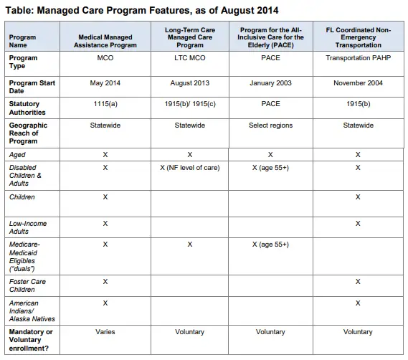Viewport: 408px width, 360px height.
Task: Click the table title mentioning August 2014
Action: [x=142, y=11]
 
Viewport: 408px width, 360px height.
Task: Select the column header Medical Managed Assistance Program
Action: [x=105, y=41]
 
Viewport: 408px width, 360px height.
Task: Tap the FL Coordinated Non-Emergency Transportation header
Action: [x=358, y=37]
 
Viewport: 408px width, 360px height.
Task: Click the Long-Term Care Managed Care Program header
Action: [x=190, y=37]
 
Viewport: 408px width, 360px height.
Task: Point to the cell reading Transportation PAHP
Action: [x=358, y=58]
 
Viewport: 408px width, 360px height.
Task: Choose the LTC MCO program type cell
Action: [x=190, y=58]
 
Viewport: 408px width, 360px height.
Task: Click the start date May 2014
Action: [x=105, y=83]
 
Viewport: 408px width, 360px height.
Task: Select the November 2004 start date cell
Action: [x=358, y=83]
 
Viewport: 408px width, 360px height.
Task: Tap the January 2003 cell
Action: [x=270, y=83]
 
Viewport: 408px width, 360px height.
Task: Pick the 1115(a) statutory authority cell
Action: [x=105, y=104]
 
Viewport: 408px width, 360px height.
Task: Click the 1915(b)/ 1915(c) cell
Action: [x=190, y=104]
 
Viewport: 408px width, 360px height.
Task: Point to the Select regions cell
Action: [x=270, y=125]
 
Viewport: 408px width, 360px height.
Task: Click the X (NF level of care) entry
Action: [x=190, y=168]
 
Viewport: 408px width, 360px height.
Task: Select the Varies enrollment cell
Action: [x=105, y=332]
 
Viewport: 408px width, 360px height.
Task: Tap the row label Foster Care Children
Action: [x=27, y=285]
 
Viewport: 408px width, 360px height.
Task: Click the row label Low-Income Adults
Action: [x=28, y=227]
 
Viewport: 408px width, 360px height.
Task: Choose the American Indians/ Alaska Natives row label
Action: [x=32, y=311]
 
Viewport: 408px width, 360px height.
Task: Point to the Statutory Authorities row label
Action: [x=27, y=108]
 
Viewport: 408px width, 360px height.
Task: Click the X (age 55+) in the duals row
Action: [x=270, y=245]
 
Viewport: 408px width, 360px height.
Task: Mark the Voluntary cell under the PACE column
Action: [x=270, y=332]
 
